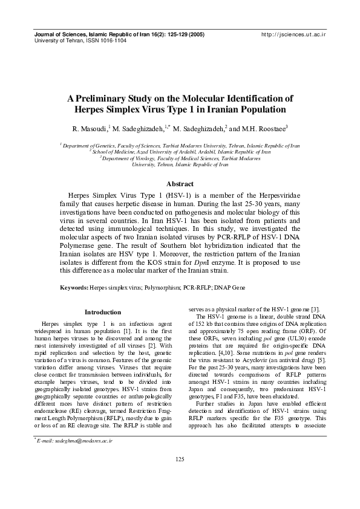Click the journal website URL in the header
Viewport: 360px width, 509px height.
(x=293, y=36)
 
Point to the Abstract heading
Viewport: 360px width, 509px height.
(x=180, y=184)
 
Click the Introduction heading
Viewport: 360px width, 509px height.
(x=103, y=312)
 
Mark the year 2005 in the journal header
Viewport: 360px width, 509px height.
(x=195, y=36)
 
